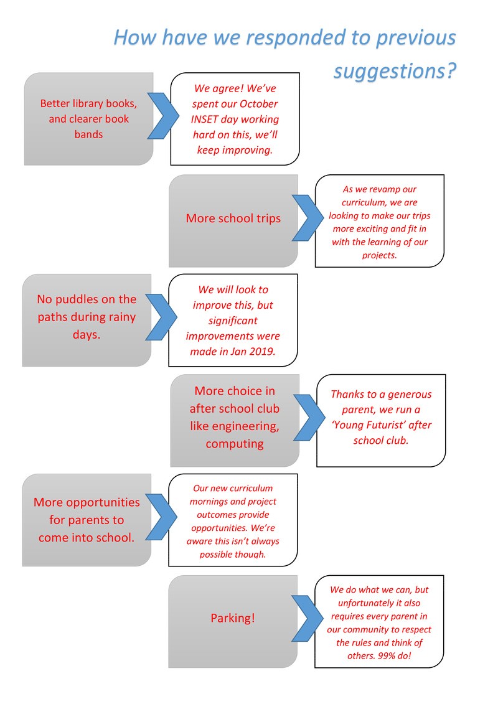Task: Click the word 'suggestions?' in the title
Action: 395,72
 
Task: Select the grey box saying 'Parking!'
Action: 233,621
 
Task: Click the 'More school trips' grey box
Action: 233,221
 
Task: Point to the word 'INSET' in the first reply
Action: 204,120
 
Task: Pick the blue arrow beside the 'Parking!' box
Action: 308,618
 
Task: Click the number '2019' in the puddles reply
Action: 261,352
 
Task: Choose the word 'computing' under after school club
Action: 235,444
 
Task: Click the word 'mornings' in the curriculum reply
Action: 208,502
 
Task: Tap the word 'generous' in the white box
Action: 410,395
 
